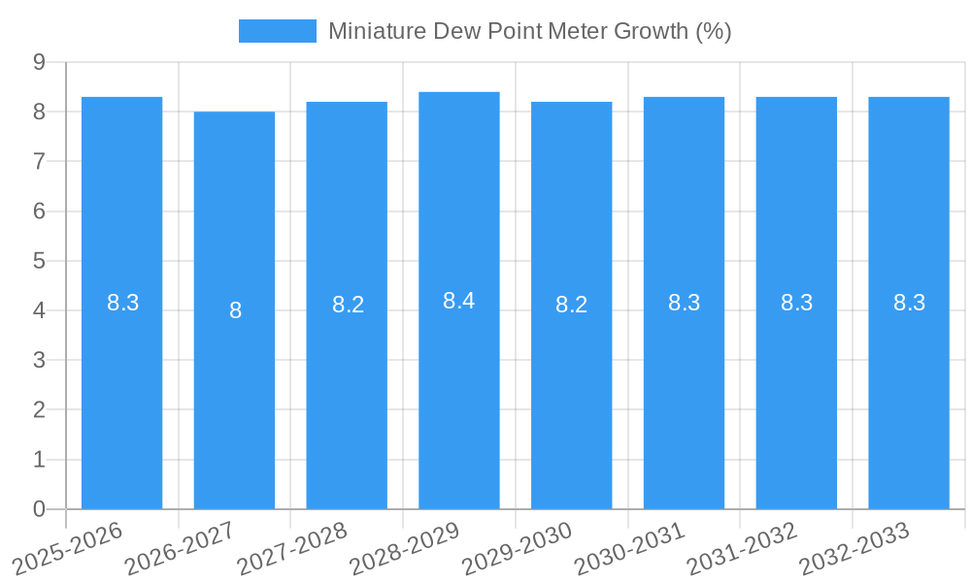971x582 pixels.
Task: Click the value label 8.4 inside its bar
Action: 459,301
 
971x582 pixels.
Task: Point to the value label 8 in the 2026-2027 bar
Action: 235,310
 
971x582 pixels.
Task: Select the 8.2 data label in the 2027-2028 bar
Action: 348,305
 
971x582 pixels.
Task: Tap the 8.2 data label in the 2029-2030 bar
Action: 571,305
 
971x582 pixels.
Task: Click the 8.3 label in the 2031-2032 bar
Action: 796,303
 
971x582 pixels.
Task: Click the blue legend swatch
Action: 278,31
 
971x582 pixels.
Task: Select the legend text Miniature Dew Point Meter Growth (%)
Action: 529,31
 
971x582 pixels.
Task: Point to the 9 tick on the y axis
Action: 39,62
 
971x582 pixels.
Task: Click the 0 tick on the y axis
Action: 39,509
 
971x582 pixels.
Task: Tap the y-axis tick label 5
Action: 39,261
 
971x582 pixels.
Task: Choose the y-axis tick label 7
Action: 39,161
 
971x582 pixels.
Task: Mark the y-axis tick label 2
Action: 39,410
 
